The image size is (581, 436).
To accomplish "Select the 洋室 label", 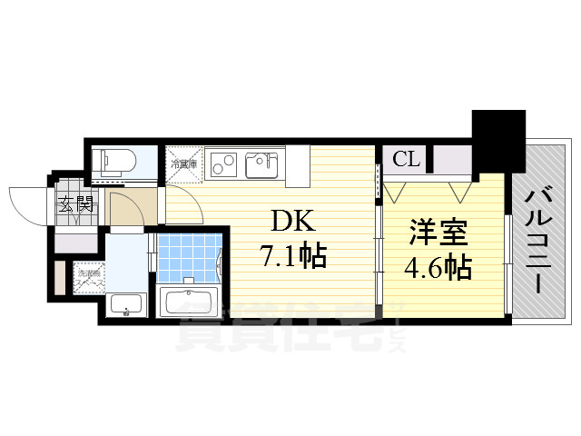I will pyautogui.click(x=439, y=232).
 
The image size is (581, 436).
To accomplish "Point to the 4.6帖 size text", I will pyautogui.click(x=439, y=266).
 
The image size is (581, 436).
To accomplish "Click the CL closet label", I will pyautogui.click(x=406, y=160).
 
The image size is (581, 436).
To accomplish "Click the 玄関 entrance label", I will pyautogui.click(x=76, y=204).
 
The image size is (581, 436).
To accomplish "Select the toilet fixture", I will pyautogui.click(x=116, y=162).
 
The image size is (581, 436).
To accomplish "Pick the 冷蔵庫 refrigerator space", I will pyautogui.click(x=183, y=163).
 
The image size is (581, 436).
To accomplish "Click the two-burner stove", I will pyautogui.click(x=223, y=163).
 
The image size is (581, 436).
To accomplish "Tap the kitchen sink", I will pyautogui.click(x=261, y=163).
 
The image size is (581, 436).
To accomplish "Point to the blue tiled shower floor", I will pyautogui.click(x=190, y=255).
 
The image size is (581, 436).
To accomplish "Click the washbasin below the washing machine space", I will pyautogui.click(x=123, y=306).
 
